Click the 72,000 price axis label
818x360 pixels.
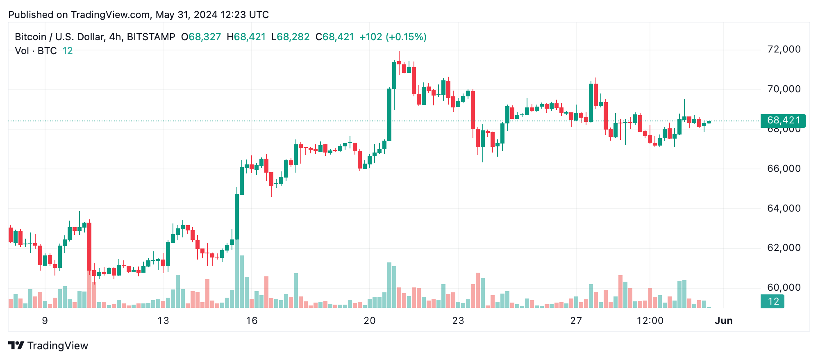click(x=784, y=50)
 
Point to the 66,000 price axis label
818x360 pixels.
click(x=784, y=169)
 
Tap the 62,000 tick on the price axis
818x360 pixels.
click(x=784, y=248)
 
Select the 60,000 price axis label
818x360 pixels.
click(x=784, y=287)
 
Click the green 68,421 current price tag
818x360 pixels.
click(x=783, y=121)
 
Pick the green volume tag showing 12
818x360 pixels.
click(x=773, y=301)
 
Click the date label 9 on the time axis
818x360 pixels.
click(x=45, y=321)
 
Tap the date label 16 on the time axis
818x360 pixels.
click(x=252, y=321)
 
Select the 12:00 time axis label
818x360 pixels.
click(x=650, y=321)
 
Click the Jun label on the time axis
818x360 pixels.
click(x=723, y=321)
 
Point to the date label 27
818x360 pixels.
click(x=576, y=321)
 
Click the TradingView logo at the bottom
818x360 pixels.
click(x=48, y=346)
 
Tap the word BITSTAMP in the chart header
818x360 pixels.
click(x=151, y=37)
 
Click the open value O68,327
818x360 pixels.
click(x=201, y=37)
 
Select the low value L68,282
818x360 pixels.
click(x=290, y=37)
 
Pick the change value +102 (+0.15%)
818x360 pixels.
click(x=393, y=37)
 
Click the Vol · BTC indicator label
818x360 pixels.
click(x=36, y=51)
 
